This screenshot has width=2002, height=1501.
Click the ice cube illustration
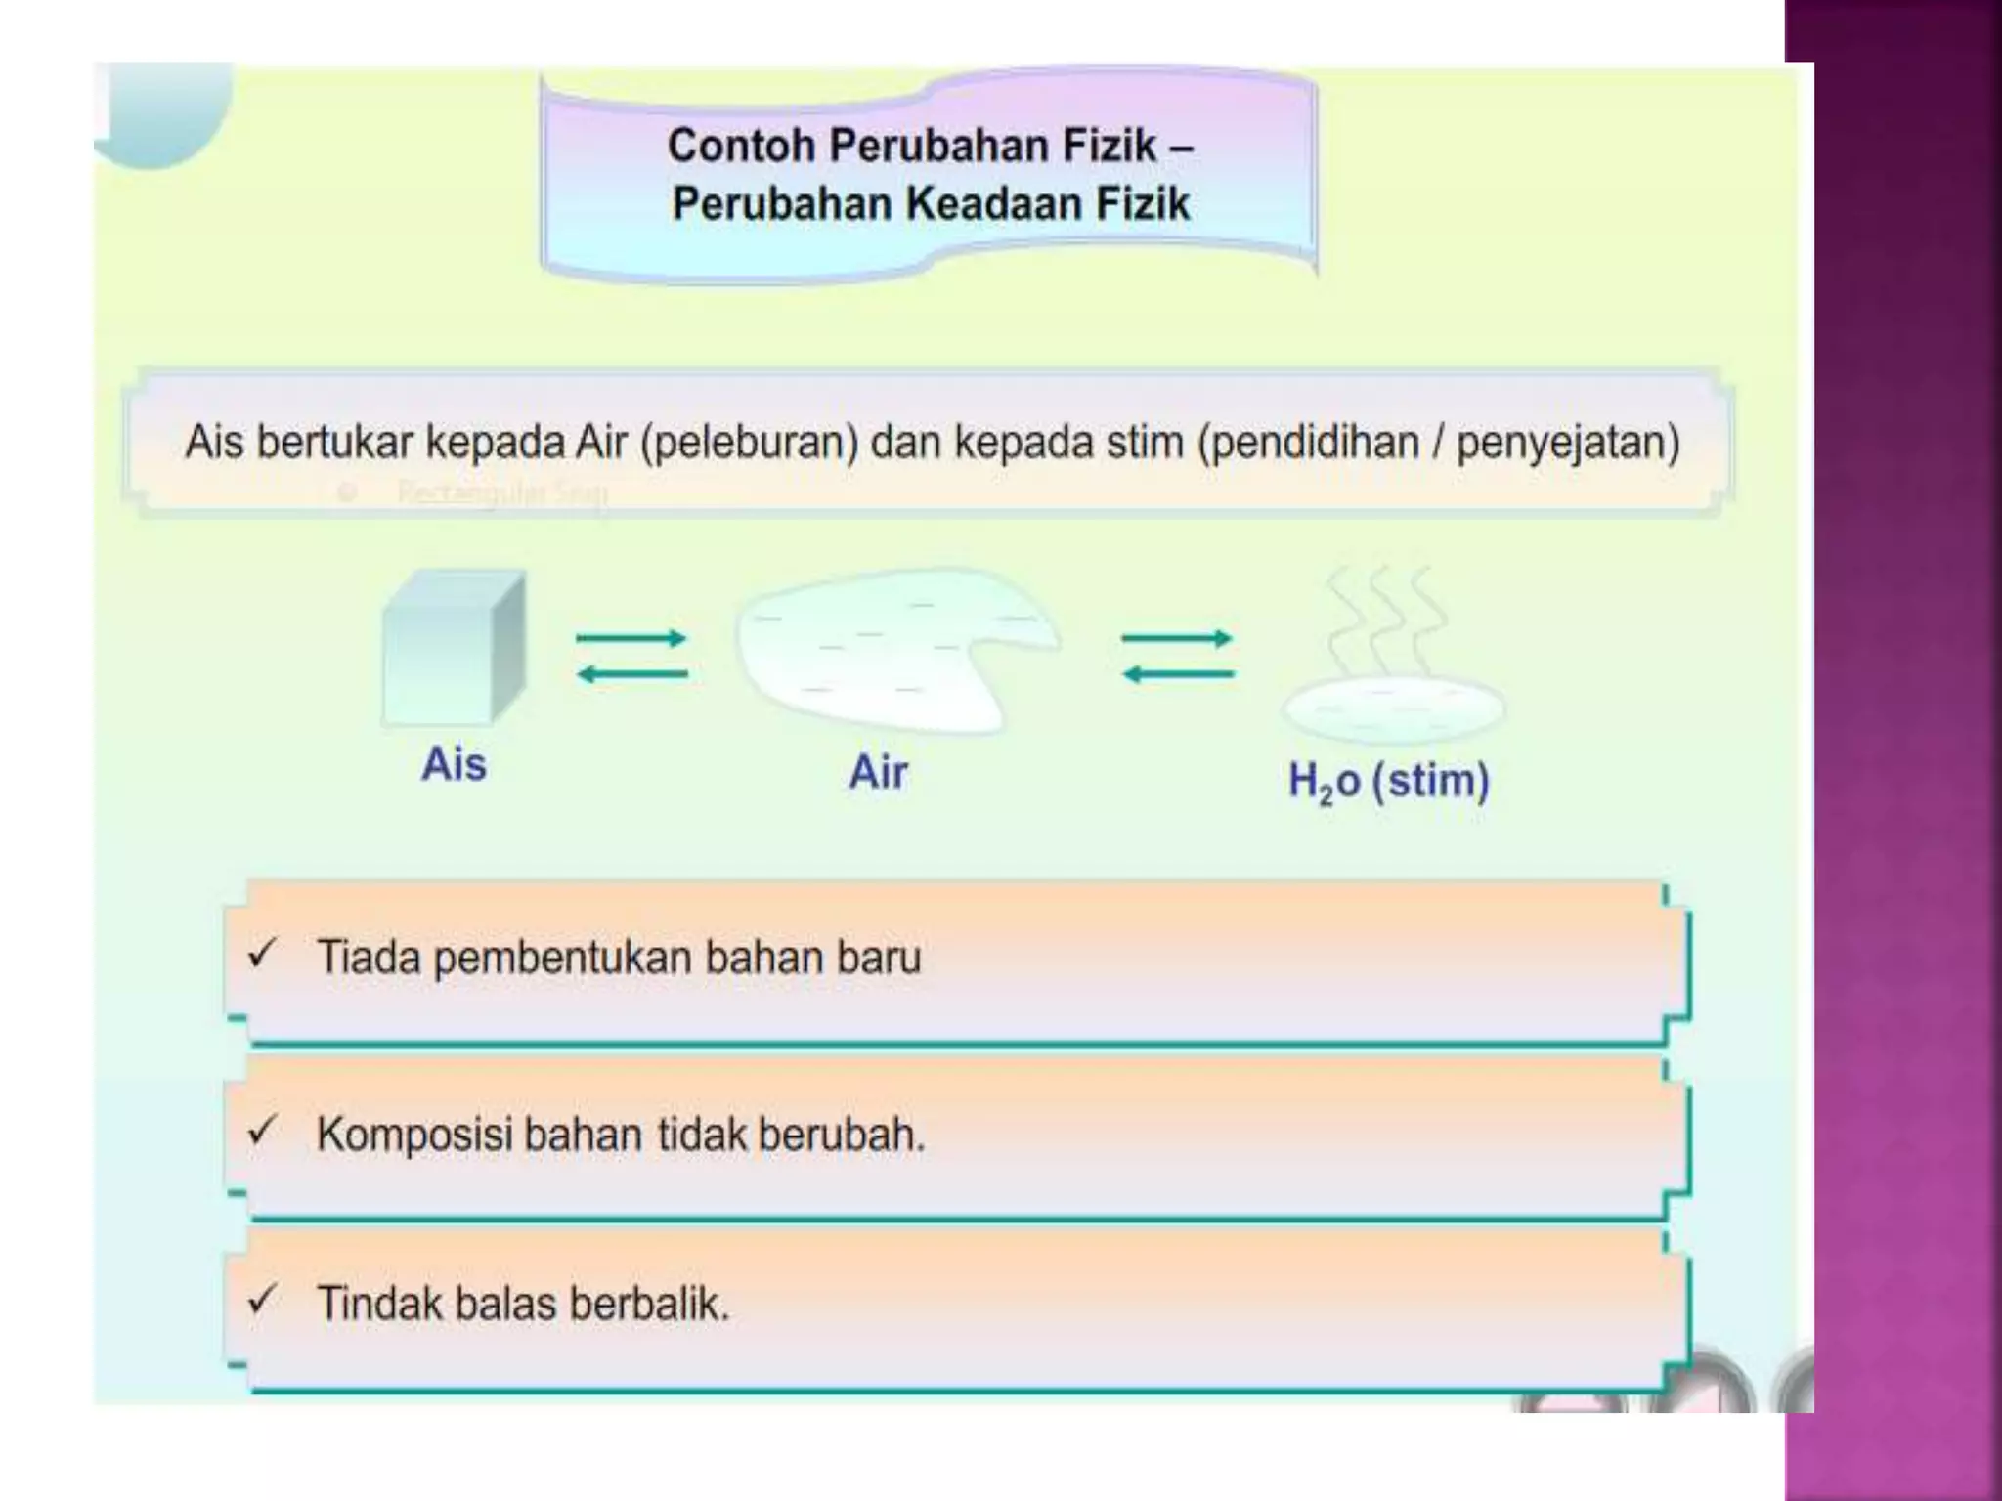[453, 649]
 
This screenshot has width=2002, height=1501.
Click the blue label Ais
[454, 764]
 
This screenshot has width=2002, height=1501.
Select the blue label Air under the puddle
[878, 772]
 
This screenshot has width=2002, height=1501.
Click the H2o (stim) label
[1388, 782]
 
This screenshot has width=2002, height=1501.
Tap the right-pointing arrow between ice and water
[631, 639]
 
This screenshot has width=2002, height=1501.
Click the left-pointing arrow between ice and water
[631, 673]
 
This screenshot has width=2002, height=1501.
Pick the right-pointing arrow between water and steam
[1177, 639]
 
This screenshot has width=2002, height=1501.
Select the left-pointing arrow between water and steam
[1177, 673]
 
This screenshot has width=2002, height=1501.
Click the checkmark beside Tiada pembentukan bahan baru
[262, 954]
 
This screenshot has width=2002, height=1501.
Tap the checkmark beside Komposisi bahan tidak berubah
[262, 1131]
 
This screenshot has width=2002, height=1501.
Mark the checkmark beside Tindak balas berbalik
[262, 1301]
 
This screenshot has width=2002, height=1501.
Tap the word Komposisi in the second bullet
[414, 1136]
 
